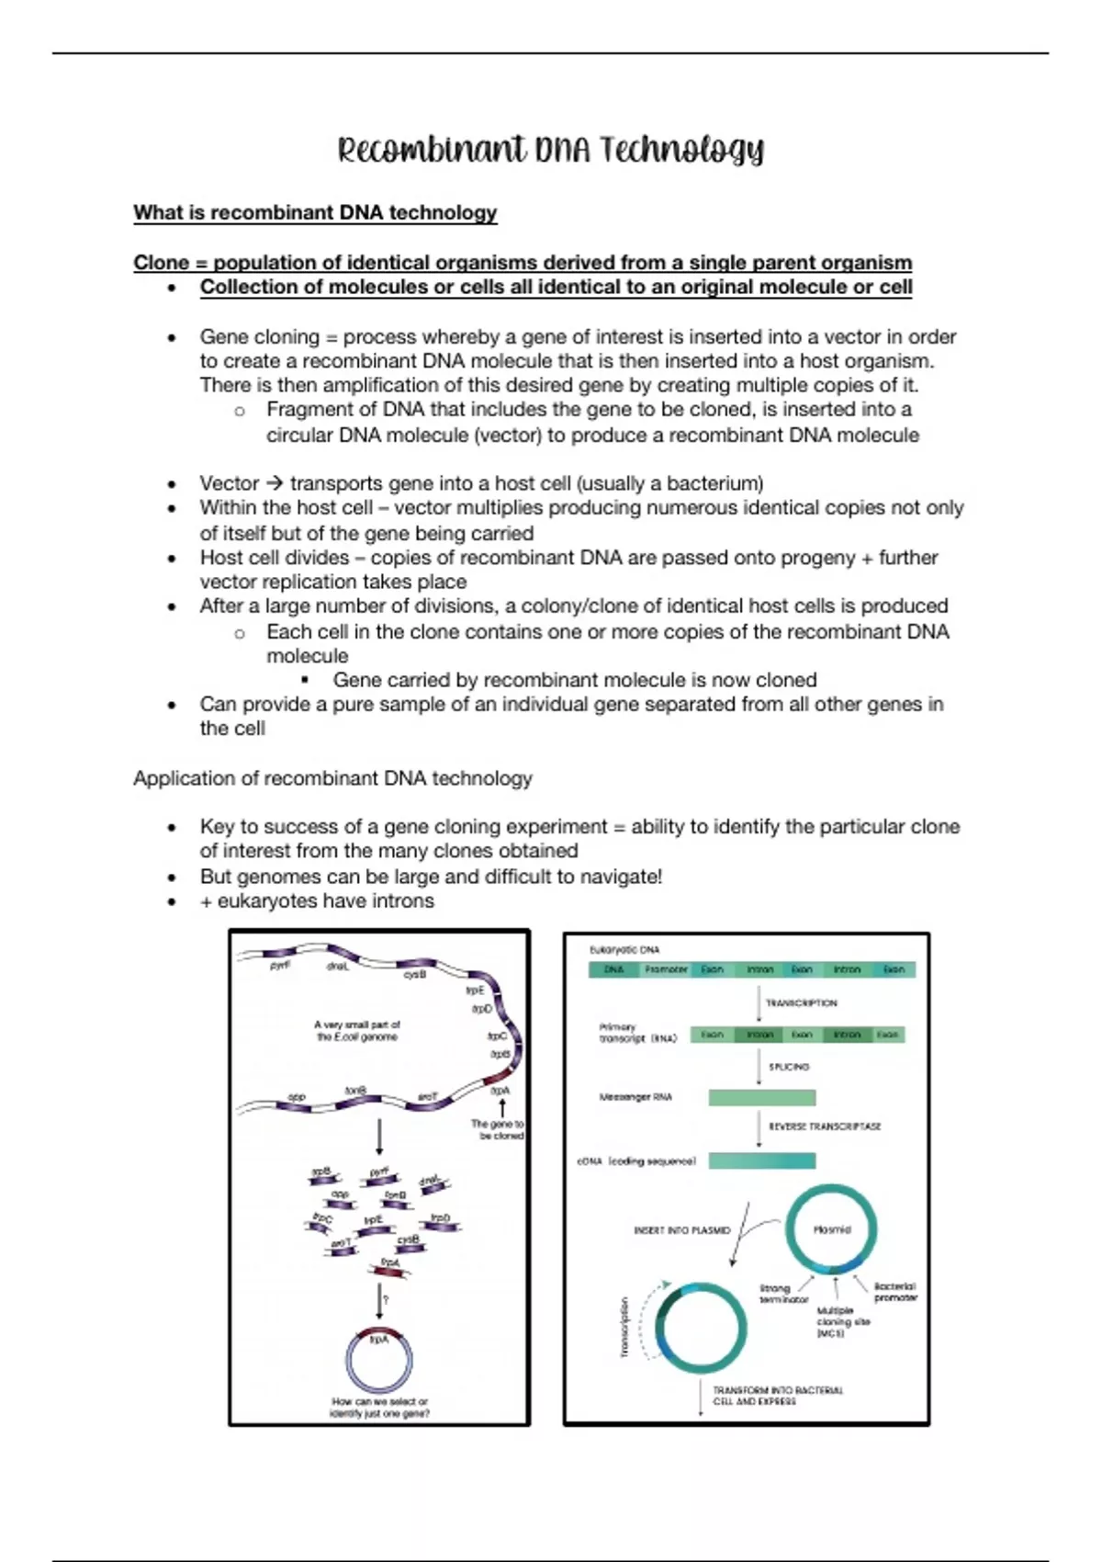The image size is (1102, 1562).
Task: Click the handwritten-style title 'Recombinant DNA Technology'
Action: coord(550,150)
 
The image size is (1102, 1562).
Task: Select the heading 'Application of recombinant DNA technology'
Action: coord(332,778)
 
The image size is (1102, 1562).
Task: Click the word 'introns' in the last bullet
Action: coord(401,901)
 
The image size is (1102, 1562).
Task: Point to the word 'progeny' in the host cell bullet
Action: coord(815,558)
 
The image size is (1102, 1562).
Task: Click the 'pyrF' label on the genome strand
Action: coord(280,967)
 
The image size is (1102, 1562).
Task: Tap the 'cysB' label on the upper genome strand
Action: coord(415,974)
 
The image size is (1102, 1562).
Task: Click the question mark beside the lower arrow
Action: coord(387,1299)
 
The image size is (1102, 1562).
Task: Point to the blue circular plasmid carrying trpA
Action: coord(379,1360)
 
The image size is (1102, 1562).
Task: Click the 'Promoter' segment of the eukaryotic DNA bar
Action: coord(666,969)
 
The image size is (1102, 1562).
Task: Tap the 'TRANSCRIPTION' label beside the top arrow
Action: coord(801,1003)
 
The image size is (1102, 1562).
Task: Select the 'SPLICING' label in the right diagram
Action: coord(789,1067)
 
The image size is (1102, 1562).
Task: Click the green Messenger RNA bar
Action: coord(761,1097)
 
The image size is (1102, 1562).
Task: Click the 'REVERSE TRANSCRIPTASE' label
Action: coord(824,1126)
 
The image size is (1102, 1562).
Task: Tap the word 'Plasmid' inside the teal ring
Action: coord(832,1229)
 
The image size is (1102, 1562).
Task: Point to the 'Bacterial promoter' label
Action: coord(894,1292)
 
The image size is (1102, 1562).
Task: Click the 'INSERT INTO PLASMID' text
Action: coord(681,1230)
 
